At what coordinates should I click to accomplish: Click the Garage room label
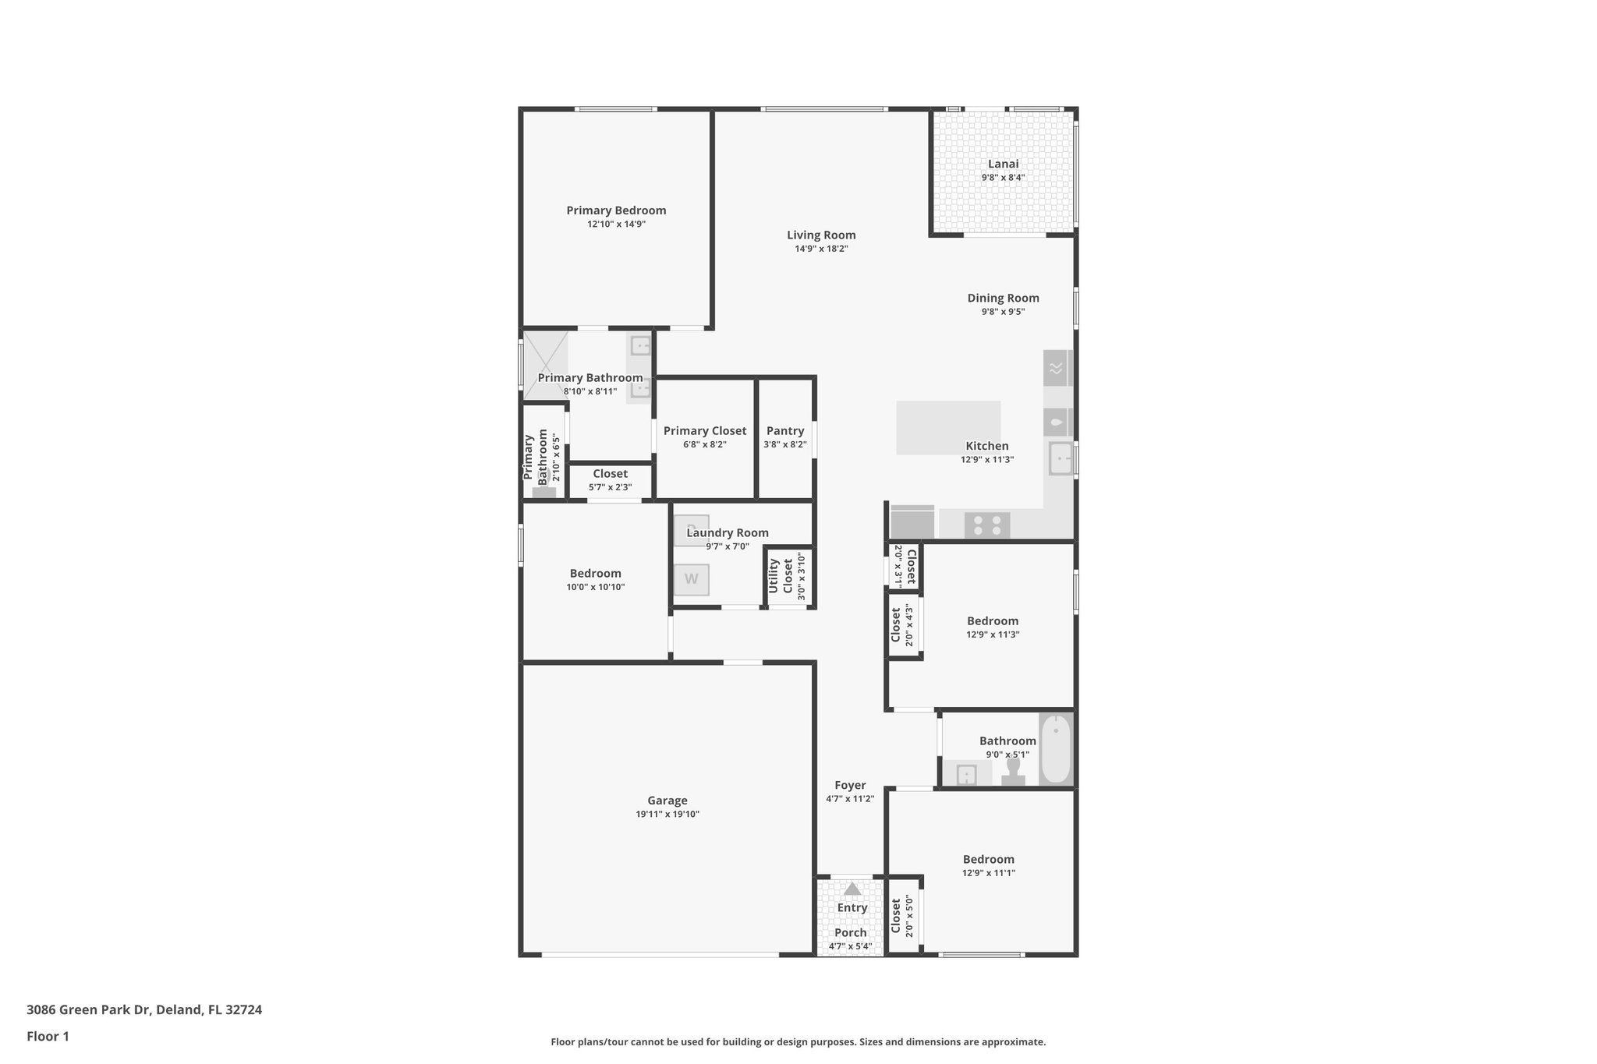coord(667,801)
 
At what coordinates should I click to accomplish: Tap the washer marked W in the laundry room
coord(692,579)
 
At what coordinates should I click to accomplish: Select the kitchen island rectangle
coord(947,427)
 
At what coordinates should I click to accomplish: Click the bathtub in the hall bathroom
coord(1056,749)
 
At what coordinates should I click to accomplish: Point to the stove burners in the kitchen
coord(987,525)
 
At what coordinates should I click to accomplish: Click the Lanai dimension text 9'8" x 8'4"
coord(1003,178)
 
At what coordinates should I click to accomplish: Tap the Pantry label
coord(785,431)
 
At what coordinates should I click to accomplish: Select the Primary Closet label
coord(705,431)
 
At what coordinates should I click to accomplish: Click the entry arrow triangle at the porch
coord(852,889)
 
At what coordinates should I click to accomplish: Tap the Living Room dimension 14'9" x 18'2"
coord(821,249)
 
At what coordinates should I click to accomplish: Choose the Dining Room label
coord(1003,298)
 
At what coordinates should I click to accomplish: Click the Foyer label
coord(850,786)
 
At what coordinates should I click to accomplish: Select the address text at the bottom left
coord(144,1010)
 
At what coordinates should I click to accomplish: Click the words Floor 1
coord(48,1037)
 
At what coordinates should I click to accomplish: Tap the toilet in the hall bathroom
coord(1013,771)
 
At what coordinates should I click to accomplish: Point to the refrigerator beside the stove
coord(912,522)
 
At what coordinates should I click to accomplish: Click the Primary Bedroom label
coord(616,210)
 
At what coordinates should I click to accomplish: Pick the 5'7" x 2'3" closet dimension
coord(610,488)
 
